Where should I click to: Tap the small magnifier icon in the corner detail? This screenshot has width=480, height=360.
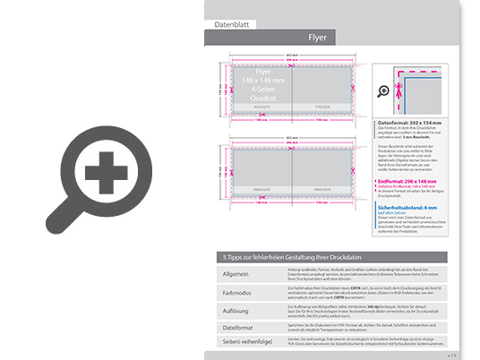pyautogui.click(x=384, y=91)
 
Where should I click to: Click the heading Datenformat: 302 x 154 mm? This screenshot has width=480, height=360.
pyautogui.click(x=412, y=121)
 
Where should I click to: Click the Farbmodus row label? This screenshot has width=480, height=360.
pyautogui.click(x=236, y=292)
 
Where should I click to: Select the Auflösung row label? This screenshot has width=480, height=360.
pyautogui.click(x=236, y=310)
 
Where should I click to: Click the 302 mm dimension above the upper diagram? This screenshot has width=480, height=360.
pyautogui.click(x=291, y=56)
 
